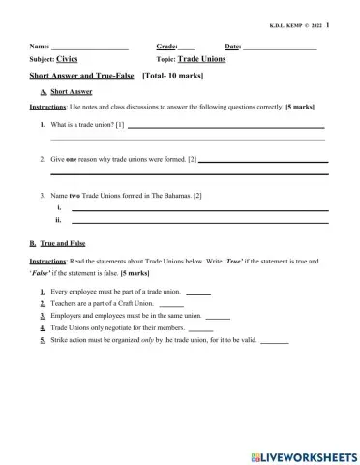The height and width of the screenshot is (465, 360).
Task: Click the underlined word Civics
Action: pyautogui.click(x=68, y=59)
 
